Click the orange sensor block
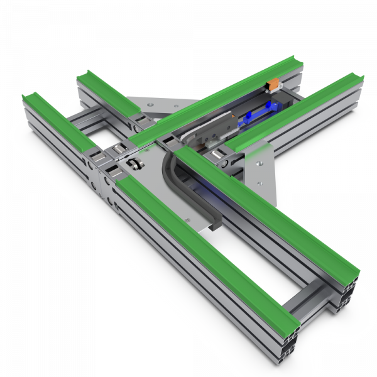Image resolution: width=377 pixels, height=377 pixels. tap(273, 84)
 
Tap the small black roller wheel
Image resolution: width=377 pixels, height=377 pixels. tap(134, 165)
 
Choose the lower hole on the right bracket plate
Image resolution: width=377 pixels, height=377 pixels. tap(256, 183)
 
